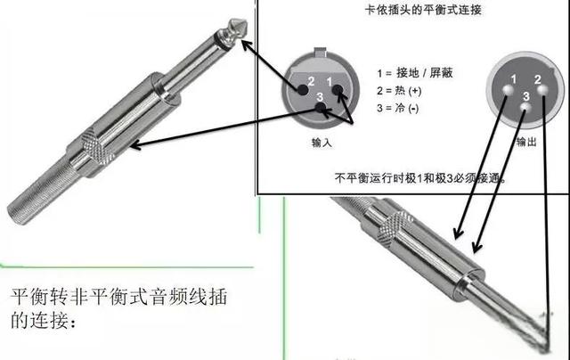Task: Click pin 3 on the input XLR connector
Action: point(321,110)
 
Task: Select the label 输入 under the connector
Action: point(322,143)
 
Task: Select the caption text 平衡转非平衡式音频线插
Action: point(119,298)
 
